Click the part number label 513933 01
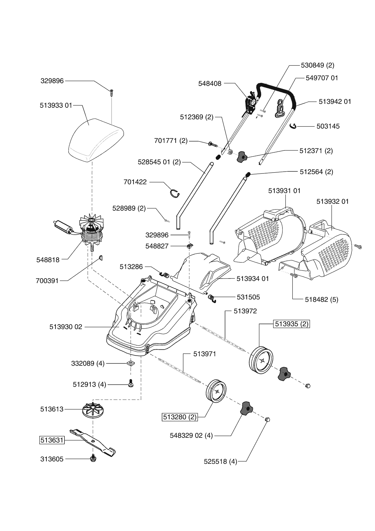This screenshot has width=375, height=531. [56, 105]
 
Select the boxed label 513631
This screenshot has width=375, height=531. [52, 440]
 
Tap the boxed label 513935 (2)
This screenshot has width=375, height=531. [292, 324]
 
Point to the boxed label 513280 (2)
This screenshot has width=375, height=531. [180, 417]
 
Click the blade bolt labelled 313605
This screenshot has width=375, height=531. [93, 459]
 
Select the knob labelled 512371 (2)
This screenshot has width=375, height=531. [242, 157]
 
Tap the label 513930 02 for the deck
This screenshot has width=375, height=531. [66, 327]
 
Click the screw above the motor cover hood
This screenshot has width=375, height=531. [112, 92]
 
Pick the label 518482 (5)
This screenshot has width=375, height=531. [321, 299]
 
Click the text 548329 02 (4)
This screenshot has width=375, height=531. [191, 436]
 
